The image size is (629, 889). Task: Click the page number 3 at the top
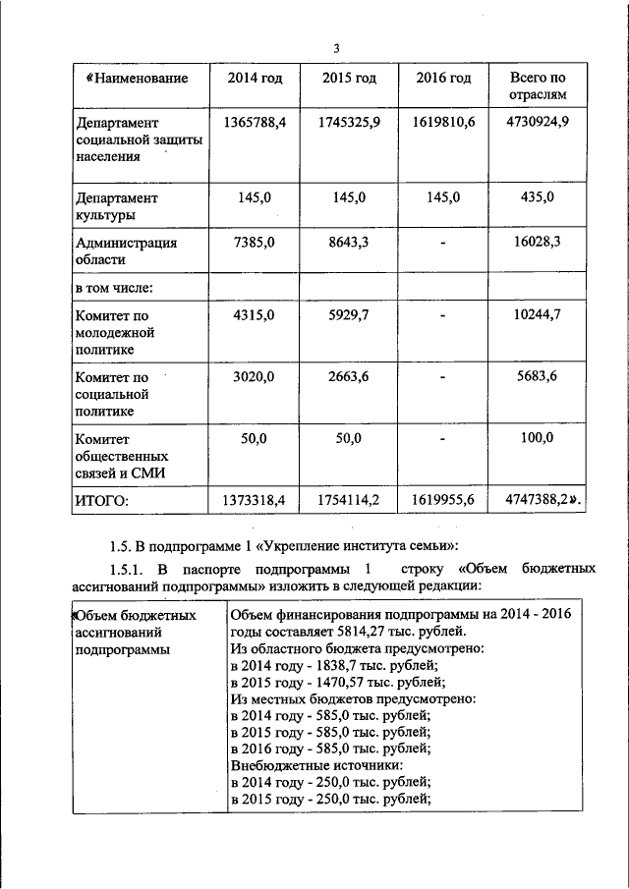coord(336,49)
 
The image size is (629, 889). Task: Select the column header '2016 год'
coord(443,78)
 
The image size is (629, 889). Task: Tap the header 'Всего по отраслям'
coord(537,86)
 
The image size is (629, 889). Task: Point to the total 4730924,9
coord(537,123)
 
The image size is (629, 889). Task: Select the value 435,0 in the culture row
coord(537,197)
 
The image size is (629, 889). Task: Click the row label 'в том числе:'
coord(116,288)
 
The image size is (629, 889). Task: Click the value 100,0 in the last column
coord(537,438)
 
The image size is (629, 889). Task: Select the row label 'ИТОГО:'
coord(103,501)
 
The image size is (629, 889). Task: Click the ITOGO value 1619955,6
coord(443,501)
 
